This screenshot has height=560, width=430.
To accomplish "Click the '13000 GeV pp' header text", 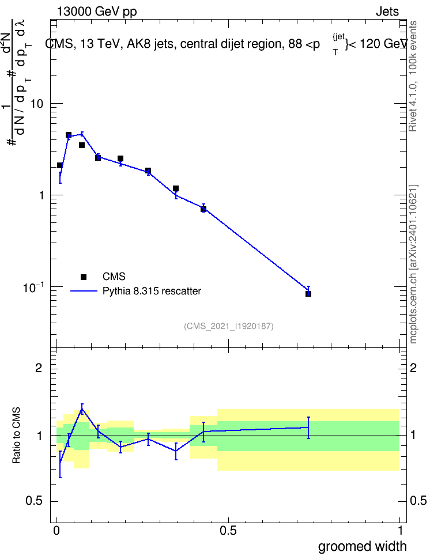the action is click(x=97, y=12).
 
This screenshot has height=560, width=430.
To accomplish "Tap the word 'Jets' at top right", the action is click(x=387, y=12).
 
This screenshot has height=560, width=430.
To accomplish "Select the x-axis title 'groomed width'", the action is click(x=362, y=546).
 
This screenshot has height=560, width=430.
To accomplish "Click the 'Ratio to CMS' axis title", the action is click(x=16, y=436).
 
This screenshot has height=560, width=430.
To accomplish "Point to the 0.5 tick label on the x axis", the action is click(x=228, y=531).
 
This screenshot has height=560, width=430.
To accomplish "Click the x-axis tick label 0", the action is click(x=56, y=531).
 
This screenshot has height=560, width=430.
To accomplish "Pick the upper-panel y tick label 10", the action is click(x=37, y=104).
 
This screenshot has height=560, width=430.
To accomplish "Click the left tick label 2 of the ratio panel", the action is click(x=39, y=368).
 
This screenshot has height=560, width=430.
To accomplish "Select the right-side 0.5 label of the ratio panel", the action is click(x=417, y=501).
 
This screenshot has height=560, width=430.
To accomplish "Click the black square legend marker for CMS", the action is click(x=84, y=277).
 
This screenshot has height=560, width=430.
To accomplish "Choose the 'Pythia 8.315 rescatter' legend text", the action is click(x=152, y=291).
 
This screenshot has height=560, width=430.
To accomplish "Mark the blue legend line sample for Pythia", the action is click(x=84, y=291).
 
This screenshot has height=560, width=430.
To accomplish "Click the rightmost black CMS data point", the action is click(x=308, y=294).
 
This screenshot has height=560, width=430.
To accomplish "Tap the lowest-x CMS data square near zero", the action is click(x=60, y=165).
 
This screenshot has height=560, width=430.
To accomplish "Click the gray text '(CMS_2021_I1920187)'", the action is click(x=229, y=326).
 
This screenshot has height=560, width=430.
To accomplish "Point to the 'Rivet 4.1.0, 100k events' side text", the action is click(x=413, y=76).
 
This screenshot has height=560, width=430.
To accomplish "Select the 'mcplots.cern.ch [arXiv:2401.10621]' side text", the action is click(x=413, y=264).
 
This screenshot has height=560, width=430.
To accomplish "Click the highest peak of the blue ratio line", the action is click(x=82, y=409).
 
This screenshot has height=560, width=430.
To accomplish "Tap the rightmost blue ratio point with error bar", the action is click(x=308, y=427).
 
